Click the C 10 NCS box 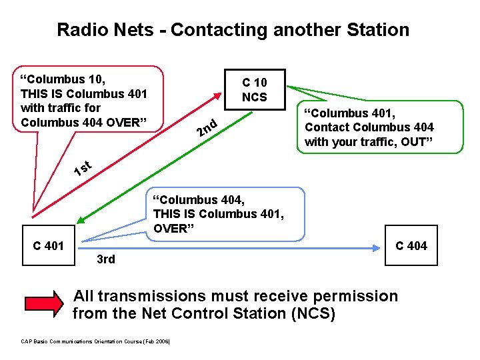point(254,89)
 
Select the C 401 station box point(49,246)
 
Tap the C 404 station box point(411,246)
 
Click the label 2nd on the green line point(207,125)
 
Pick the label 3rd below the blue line point(106,259)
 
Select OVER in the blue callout point(170,229)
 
